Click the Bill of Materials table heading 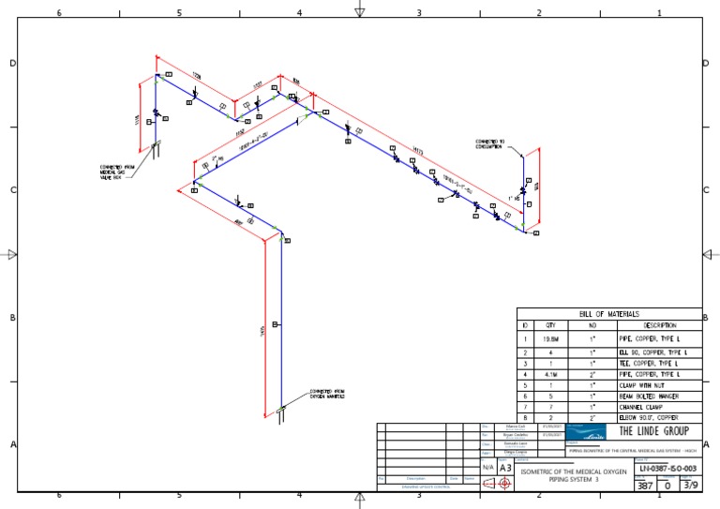coord(609,313)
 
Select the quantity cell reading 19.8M coord(551,338)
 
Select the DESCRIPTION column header coord(659,325)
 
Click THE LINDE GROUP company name coord(654,431)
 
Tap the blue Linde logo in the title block coord(589,432)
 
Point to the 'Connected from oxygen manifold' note coord(326,394)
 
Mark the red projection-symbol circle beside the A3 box coord(503,484)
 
